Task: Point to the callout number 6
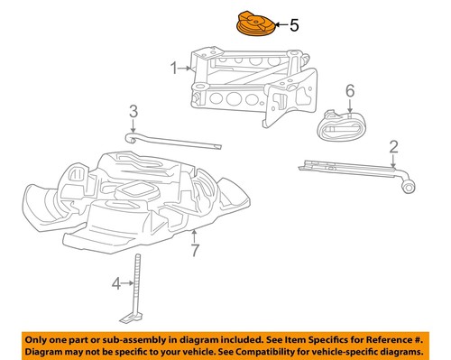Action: (x=350, y=91)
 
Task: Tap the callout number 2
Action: (x=393, y=146)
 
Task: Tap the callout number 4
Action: (x=115, y=284)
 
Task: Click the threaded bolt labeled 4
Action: (x=136, y=280)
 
